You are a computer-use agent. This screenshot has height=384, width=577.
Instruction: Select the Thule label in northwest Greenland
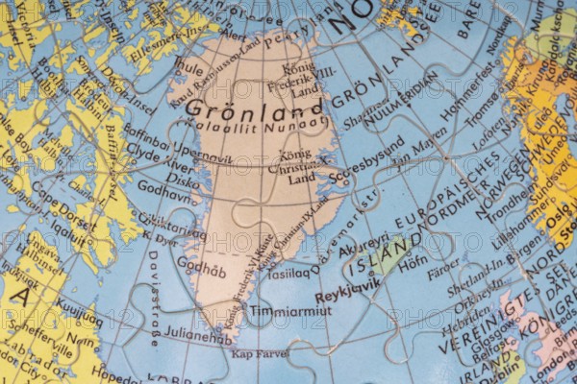click(x=189, y=70)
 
